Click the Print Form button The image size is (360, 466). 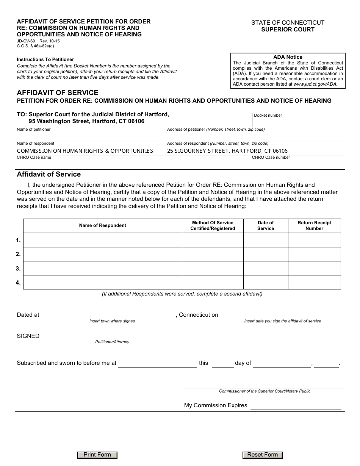(97, 455)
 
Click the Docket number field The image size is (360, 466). (299, 122)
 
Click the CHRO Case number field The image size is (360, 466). (297, 164)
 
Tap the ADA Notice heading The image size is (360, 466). (288, 57)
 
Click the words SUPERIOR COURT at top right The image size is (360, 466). (288, 29)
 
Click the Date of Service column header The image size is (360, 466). (266, 225)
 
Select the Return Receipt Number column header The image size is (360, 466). (314, 225)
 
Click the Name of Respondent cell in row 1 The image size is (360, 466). (103, 240)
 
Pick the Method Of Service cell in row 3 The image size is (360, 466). (213, 268)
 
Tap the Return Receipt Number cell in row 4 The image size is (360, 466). (314, 282)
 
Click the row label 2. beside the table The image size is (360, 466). (18, 254)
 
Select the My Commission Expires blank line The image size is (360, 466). (296, 406)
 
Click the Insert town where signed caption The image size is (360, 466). (112, 321)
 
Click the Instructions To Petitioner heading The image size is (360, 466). (45, 59)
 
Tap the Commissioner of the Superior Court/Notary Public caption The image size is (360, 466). (265, 391)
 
